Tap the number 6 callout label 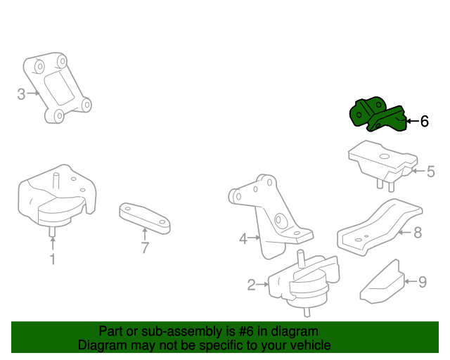tap(424, 122)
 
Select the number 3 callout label tap(21, 93)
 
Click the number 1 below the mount tap(52, 259)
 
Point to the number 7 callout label tap(145, 247)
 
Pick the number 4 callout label tap(243, 239)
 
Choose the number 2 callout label tap(251, 285)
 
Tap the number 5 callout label tap(431, 171)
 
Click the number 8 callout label tap(417, 232)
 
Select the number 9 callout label tap(423, 282)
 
